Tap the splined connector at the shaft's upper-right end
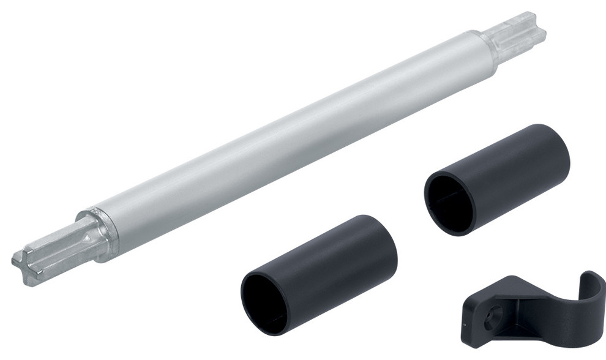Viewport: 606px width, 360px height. coord(520,34)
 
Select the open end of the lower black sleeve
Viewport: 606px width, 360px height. coord(264,302)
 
